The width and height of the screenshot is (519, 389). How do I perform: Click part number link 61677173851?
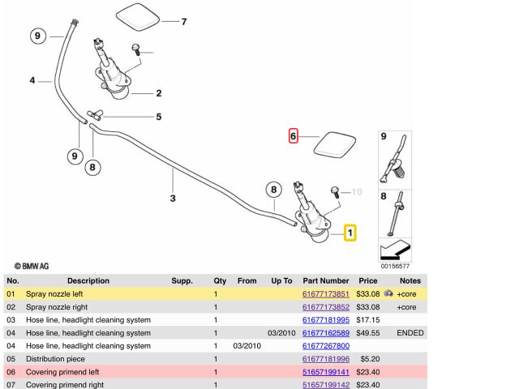click(x=326, y=293)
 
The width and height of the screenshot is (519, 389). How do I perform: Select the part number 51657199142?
click(x=326, y=385)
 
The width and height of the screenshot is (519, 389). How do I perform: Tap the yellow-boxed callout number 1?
click(x=350, y=233)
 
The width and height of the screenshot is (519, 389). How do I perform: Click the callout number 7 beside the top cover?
click(x=183, y=21)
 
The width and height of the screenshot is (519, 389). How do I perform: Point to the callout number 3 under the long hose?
click(x=172, y=198)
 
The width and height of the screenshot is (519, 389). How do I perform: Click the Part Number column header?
click(x=326, y=280)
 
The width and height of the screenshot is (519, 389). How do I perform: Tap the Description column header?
click(x=88, y=280)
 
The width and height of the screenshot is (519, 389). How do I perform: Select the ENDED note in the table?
click(x=410, y=333)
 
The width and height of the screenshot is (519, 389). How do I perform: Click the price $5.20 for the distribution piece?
click(x=370, y=359)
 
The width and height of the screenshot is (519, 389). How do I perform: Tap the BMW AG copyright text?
click(x=32, y=265)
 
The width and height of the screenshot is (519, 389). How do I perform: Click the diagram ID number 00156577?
click(x=395, y=265)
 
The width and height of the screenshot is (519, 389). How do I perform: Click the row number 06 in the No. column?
click(x=11, y=372)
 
